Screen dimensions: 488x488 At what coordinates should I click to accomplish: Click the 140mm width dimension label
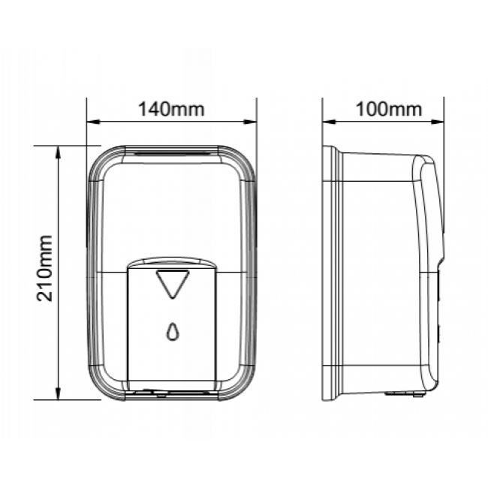tap(171, 110)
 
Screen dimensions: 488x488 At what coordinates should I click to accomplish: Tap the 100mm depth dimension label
tap(389, 110)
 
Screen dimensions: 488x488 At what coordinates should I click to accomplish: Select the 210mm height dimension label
tap(44, 268)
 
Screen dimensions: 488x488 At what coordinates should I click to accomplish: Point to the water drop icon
tap(173, 331)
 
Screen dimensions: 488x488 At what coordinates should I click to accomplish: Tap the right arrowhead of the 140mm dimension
tap(251, 122)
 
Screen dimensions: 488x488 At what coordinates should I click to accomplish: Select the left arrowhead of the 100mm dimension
tap(329, 122)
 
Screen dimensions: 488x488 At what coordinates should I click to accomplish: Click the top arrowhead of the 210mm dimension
tap(58, 152)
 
